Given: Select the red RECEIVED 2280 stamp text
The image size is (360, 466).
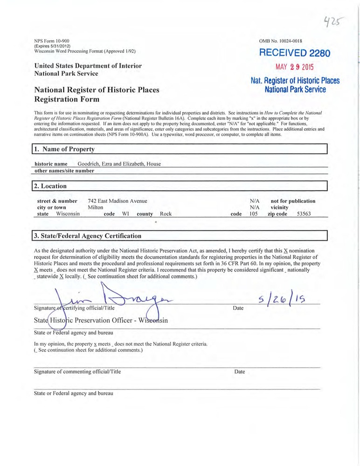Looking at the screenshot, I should [294, 53].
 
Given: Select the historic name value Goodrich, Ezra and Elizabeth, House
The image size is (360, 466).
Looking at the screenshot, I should [119, 164].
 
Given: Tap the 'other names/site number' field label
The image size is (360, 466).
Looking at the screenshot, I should [64, 171].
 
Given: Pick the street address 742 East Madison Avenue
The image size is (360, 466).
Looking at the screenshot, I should [117, 201].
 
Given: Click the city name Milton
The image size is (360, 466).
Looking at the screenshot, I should [95, 208].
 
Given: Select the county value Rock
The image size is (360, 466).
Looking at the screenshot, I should [166, 214].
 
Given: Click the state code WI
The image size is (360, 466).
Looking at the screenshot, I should [125, 214].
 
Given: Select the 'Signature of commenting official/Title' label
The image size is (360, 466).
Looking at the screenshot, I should [77, 372].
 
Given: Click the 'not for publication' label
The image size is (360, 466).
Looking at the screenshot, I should [293, 201].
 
